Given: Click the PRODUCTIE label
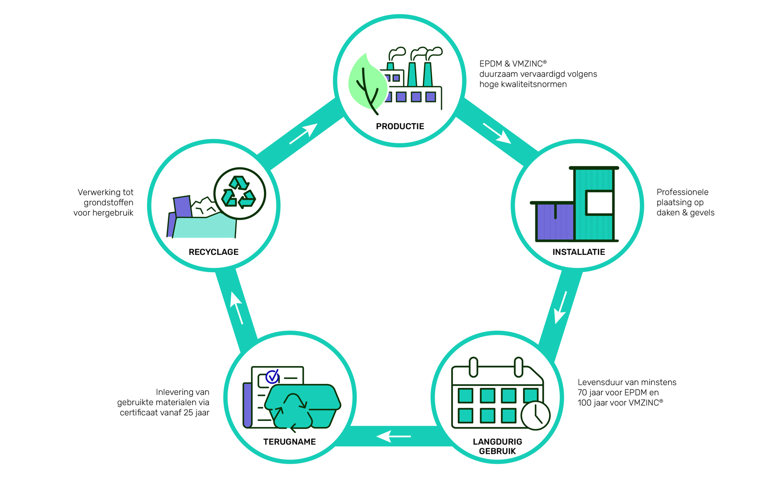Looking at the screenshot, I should point(400,127).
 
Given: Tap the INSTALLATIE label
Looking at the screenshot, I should point(578,252).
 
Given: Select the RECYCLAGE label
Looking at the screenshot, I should point(213,252).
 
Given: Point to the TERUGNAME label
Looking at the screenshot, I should point(289,442).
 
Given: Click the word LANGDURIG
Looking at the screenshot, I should point(497,442).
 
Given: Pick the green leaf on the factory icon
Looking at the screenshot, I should point(366,82).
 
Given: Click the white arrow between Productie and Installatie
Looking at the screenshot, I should point(497,133).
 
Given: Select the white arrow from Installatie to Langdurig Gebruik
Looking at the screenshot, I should point(561,307).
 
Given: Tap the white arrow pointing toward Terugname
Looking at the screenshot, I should point(394,436).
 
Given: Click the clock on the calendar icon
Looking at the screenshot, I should point(535,415).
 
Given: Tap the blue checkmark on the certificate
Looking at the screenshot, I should point(272,377).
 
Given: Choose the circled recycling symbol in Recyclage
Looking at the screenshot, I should point(240,193).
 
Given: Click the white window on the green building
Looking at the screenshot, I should point(599,203).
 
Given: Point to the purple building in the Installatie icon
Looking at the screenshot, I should point(555,221).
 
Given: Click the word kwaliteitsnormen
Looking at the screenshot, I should point(522,85).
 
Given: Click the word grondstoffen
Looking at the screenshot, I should point(108,203).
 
